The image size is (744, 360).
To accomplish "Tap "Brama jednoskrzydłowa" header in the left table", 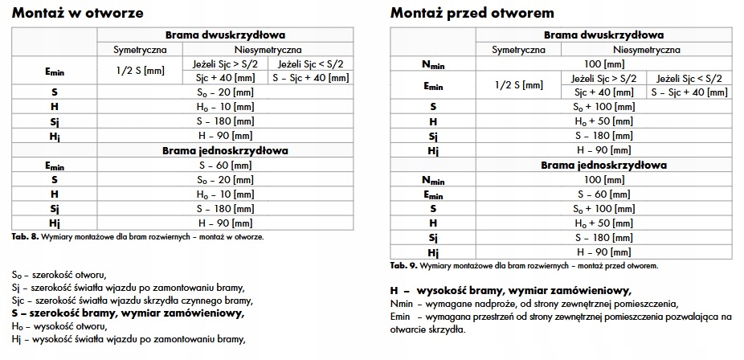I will tap(226, 149).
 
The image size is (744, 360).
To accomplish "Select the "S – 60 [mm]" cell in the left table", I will tap(226, 164).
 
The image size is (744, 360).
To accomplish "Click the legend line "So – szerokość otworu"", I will tap(59, 276).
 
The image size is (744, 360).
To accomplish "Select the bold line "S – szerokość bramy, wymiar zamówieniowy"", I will tap(129, 314).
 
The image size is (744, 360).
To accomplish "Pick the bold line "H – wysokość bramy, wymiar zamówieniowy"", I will tap(510, 291).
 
